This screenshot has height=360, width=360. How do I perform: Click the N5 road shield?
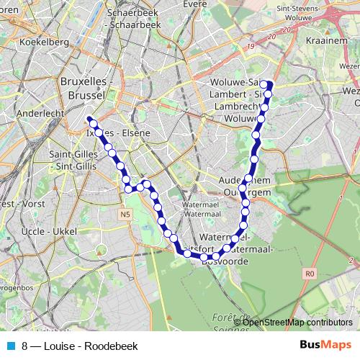click(126, 214)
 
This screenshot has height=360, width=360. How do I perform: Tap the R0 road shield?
click(310, 274)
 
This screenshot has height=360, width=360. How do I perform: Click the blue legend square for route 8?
click(10, 346)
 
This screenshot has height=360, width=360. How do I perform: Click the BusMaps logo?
click(325, 345)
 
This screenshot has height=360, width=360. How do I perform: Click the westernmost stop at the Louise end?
click(89, 120)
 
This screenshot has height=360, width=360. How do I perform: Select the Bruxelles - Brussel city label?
click(86, 88)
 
